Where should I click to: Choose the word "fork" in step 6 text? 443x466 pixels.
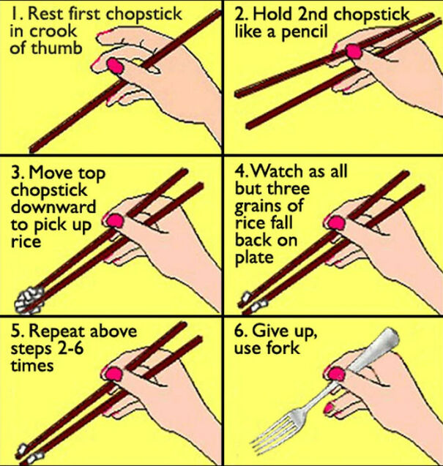point(286,349)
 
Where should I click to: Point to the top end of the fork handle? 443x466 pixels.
point(387,337)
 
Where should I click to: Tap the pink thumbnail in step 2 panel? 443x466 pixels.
point(352,51)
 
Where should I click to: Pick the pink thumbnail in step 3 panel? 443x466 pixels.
point(114,220)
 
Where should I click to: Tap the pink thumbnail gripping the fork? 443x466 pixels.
point(336,374)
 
